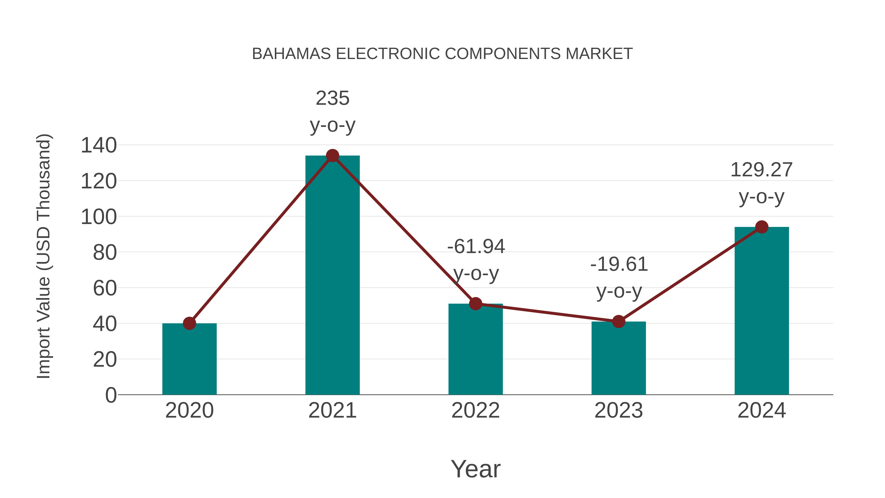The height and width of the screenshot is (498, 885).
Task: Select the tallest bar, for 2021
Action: pos(332,275)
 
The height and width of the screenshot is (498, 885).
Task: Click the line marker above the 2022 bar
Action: pos(475,303)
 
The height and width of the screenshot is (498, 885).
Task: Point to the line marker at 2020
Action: pos(189,323)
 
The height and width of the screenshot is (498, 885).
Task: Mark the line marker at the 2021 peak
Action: pos(332,156)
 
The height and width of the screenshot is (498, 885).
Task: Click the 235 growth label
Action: pos(332,98)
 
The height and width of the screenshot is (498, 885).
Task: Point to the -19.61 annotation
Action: pos(619,264)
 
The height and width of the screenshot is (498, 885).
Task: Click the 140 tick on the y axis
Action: pos(99,145)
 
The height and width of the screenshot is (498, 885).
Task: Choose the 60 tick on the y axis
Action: pos(105,288)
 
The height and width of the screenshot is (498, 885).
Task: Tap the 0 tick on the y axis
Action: pos(111,395)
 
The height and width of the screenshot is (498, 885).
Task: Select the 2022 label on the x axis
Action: pos(475,410)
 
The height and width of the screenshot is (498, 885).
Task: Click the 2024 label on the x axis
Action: pos(762,410)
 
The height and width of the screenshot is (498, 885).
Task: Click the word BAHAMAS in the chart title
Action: pos(291,54)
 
